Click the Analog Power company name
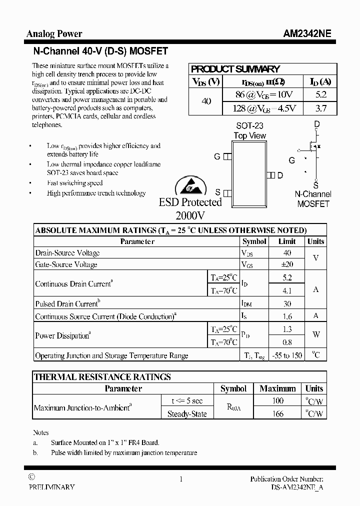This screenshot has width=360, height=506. (54, 34)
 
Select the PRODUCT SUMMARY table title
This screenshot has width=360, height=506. (235, 69)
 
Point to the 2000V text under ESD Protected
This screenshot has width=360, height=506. (190, 215)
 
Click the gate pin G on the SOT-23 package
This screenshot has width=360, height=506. (226, 156)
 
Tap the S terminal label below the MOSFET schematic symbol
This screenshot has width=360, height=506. (316, 183)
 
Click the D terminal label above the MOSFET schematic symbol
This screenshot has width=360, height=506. (316, 124)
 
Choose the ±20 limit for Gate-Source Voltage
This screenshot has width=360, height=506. (287, 264)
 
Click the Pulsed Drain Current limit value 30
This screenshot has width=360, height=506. (287, 303)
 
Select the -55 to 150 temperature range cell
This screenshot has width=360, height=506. (287, 355)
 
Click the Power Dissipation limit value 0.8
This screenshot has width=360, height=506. (287, 342)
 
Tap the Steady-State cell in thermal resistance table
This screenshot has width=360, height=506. (187, 414)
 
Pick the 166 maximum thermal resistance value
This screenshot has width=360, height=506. (278, 413)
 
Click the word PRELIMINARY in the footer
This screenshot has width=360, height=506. (51, 487)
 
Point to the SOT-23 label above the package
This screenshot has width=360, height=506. (249, 126)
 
